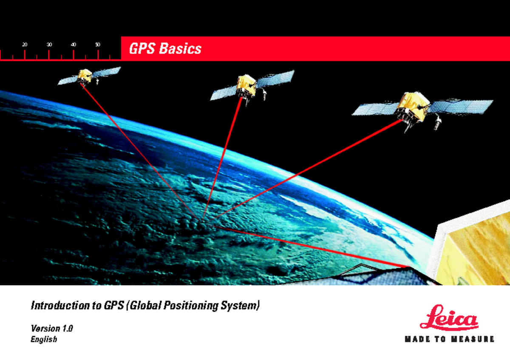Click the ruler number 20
(25, 45)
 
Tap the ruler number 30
(49, 45)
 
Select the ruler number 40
(73, 45)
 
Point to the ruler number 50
(98, 45)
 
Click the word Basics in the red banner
(180, 48)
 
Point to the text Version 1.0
(52, 329)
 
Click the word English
(44, 339)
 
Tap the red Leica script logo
(449, 317)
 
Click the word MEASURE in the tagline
(473, 339)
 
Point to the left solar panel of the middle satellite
(224, 93)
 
